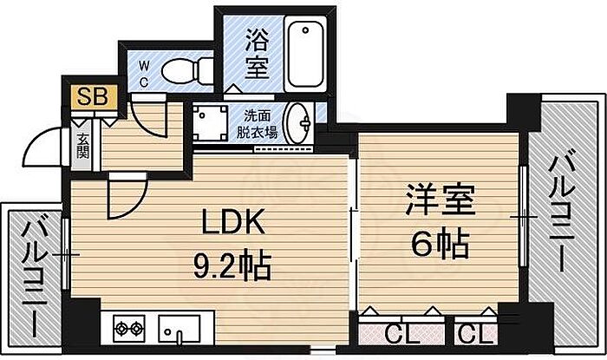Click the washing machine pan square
[x=209, y=122]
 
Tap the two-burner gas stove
[x=129, y=329]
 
